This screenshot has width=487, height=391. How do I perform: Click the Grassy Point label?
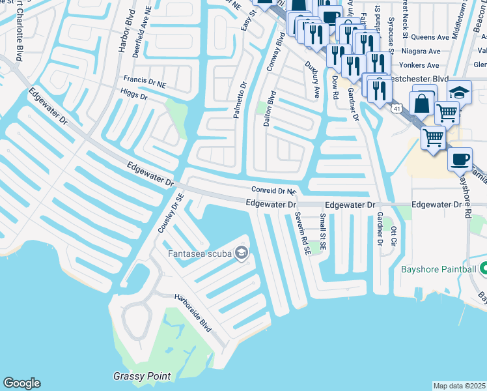pyautogui.click(x=142, y=376)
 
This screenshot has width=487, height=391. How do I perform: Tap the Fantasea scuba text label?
pyautogui.click(x=201, y=253)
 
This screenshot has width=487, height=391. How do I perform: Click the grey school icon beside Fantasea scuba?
pyautogui.click(x=242, y=253)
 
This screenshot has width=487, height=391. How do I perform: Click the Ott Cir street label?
pyautogui.click(x=393, y=236)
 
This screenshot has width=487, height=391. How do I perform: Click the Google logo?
pyautogui.click(x=22, y=383)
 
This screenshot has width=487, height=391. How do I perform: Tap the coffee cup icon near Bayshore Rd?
pyautogui.click(x=460, y=158)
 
